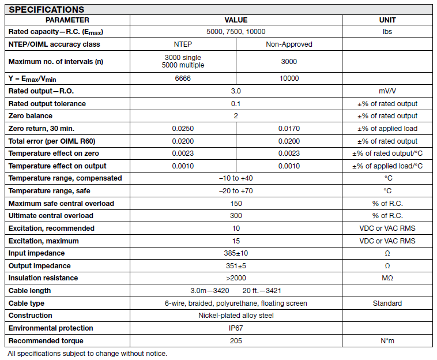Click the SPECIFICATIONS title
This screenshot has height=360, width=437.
(x=47, y=10)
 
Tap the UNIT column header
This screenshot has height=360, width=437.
(x=387, y=20)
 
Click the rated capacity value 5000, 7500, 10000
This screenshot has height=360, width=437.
(x=236, y=32)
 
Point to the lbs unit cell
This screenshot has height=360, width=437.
(x=387, y=32)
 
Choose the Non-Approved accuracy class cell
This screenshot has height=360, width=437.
(x=289, y=44)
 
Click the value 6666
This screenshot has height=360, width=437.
(x=183, y=78)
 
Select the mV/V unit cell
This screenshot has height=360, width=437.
(x=387, y=91)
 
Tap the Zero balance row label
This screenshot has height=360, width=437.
(x=31, y=116)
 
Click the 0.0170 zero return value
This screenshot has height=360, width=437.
(x=289, y=129)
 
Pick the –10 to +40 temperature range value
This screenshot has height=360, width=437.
(x=236, y=178)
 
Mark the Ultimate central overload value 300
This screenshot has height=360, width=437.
(x=236, y=216)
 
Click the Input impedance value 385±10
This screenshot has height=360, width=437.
(x=236, y=253)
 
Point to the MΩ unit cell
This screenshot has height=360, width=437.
(x=387, y=278)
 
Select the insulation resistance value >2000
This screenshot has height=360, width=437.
(x=236, y=278)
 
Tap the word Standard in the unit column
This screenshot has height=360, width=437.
(x=387, y=303)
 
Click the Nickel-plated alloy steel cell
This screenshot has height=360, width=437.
(x=236, y=316)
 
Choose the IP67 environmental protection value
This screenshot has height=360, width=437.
(x=236, y=328)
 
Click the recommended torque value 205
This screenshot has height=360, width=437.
(x=236, y=341)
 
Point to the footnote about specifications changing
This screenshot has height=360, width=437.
(x=87, y=353)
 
